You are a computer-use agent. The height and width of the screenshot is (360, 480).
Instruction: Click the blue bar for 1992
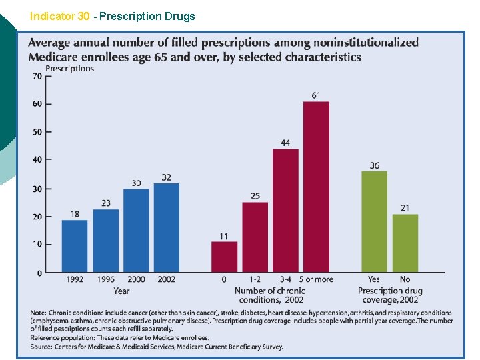(x=75, y=246)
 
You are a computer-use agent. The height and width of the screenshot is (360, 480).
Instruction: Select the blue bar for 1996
(x=105, y=241)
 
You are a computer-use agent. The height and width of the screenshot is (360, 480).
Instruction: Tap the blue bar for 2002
(x=167, y=227)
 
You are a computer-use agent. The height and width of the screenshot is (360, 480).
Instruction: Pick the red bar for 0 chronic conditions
(x=224, y=257)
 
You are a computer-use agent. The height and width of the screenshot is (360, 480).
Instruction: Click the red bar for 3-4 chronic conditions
(x=285, y=211)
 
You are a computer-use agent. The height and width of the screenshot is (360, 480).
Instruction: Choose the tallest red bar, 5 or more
(x=316, y=187)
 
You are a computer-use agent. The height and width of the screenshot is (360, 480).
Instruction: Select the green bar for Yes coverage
(x=374, y=221)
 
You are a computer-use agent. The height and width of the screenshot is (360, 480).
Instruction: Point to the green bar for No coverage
(x=405, y=243)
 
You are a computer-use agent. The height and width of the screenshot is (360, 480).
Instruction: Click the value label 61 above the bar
(x=316, y=95)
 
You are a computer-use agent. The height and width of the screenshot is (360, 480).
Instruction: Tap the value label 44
(x=285, y=143)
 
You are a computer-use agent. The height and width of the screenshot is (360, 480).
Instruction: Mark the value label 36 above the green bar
(x=374, y=165)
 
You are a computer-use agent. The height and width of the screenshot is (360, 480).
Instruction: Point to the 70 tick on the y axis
(x=37, y=76)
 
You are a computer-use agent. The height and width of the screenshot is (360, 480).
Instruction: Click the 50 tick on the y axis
(x=37, y=132)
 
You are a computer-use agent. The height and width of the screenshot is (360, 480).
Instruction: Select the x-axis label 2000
(x=136, y=279)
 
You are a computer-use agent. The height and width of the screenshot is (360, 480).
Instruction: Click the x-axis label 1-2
(x=255, y=279)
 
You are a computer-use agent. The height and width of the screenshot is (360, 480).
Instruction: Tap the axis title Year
(x=121, y=291)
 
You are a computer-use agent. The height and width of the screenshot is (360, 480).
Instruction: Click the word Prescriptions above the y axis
(x=69, y=68)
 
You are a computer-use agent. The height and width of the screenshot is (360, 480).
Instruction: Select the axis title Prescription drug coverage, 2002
(x=389, y=295)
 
